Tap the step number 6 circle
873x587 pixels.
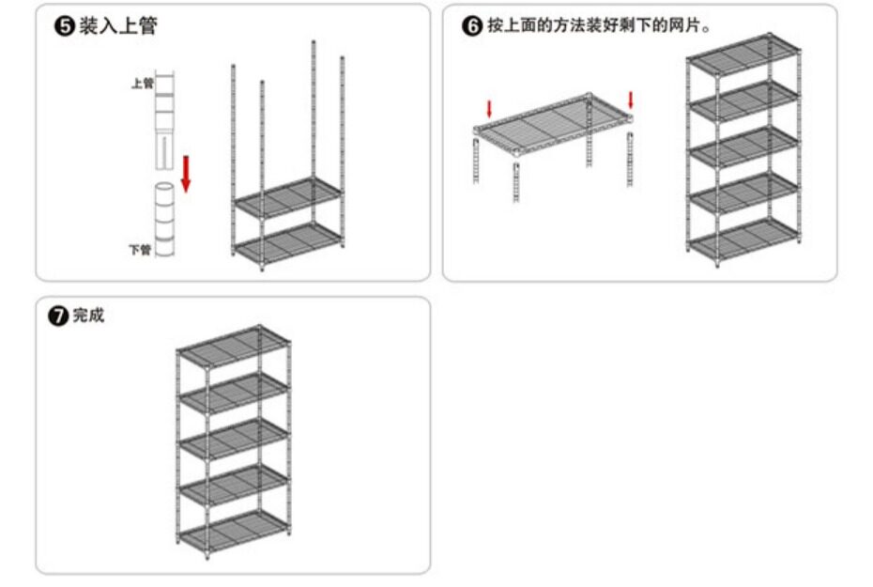tap(472, 26)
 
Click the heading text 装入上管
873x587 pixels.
tap(117, 26)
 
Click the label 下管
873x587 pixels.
tap(139, 250)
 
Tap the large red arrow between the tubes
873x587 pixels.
tap(186, 174)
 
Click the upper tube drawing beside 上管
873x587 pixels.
tap(165, 117)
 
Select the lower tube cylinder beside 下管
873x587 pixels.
tap(165, 221)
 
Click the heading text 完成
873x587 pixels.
tap(88, 316)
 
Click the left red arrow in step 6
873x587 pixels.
tap(488, 109)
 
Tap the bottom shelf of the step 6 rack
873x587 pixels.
tap(743, 239)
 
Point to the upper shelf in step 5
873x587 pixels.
tap(287, 197)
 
